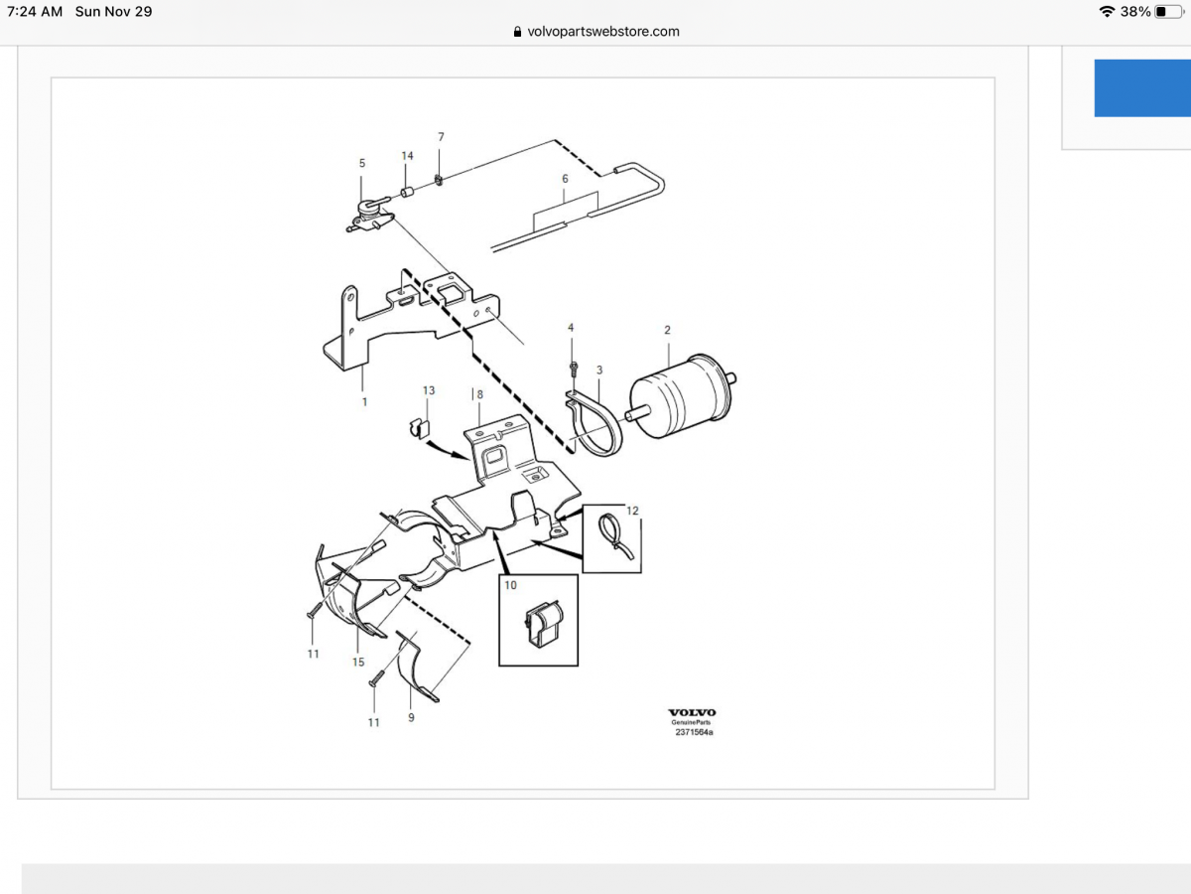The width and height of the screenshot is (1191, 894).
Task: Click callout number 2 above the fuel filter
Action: click(x=667, y=330)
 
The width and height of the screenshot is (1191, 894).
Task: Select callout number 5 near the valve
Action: click(x=362, y=163)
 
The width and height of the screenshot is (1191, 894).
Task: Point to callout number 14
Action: click(x=407, y=156)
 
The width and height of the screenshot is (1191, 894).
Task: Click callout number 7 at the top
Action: click(x=441, y=136)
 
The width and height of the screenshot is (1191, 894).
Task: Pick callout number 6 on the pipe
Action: click(x=565, y=179)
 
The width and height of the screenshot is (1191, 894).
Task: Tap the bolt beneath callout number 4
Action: click(x=575, y=371)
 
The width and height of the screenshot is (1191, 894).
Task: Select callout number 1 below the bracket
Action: click(x=364, y=402)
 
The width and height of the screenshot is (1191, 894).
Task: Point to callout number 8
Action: click(x=479, y=394)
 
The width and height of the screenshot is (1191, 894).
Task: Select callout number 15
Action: click(x=358, y=662)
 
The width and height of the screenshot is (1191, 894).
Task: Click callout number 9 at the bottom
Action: click(x=411, y=716)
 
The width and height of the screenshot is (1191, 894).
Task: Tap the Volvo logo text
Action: click(x=692, y=712)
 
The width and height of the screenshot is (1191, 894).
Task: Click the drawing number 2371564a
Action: click(x=694, y=732)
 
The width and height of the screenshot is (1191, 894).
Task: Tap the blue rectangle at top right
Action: click(x=1142, y=88)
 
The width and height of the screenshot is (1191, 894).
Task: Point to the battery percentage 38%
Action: click(x=1135, y=12)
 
